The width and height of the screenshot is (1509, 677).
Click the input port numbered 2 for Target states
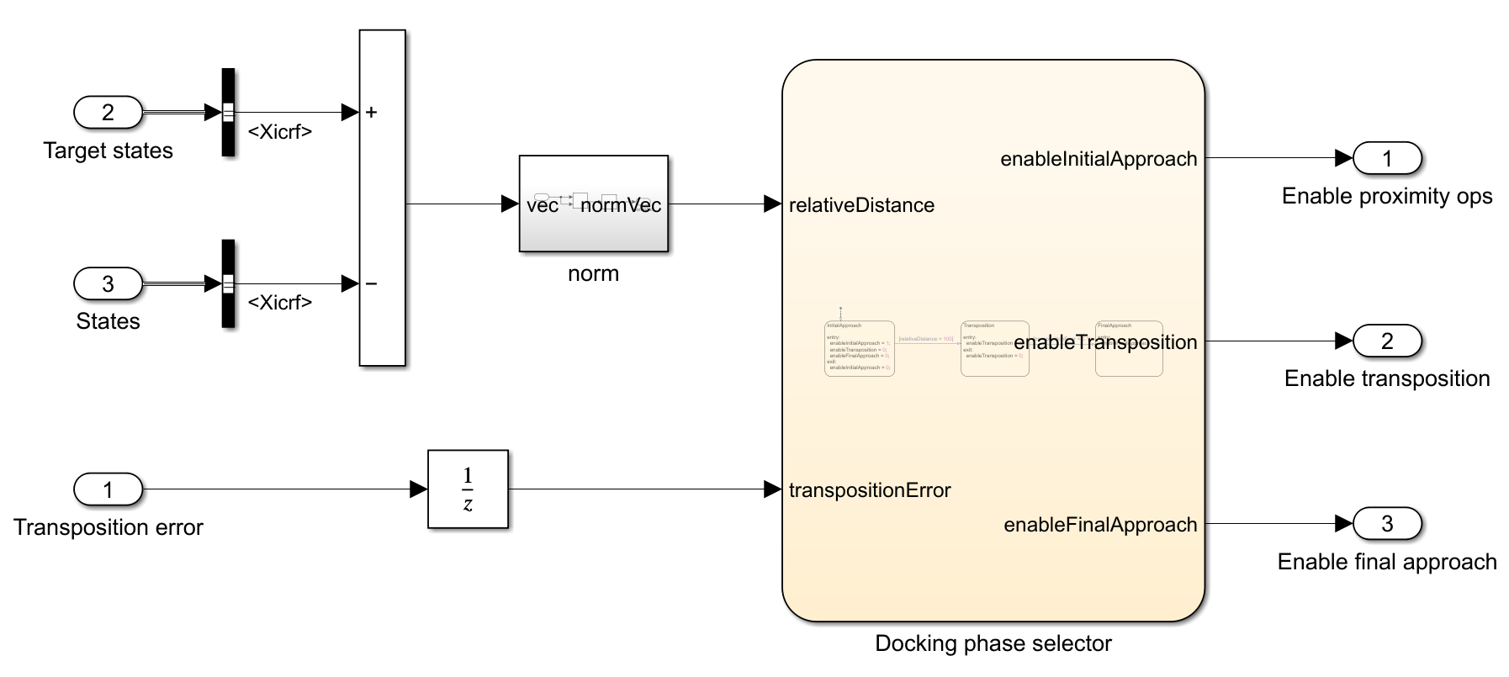click(108, 112)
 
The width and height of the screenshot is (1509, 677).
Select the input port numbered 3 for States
click(108, 283)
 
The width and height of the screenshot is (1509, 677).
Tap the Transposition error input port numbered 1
click(108, 489)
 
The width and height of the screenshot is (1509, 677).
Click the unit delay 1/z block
click(468, 489)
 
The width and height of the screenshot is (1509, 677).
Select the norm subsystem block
click(593, 204)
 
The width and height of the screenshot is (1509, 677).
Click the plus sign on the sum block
click(371, 112)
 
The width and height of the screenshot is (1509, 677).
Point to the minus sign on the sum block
click(371, 284)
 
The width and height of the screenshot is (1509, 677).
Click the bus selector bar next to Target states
click(228, 112)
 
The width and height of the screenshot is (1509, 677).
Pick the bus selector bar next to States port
click(228, 283)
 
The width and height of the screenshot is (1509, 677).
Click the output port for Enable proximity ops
click(1387, 158)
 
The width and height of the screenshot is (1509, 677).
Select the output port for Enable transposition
click(1387, 341)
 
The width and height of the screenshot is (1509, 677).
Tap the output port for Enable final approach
click(1387, 524)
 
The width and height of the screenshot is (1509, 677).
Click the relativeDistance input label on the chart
click(861, 205)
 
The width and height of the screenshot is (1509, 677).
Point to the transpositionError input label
click(870, 490)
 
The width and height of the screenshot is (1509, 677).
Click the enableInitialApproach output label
click(1099, 159)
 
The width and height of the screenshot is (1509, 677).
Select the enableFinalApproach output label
click(1100, 525)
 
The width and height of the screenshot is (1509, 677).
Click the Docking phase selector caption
click(993, 644)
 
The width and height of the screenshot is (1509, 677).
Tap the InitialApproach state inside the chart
click(859, 348)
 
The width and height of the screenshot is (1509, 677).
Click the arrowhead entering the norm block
click(510, 204)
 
